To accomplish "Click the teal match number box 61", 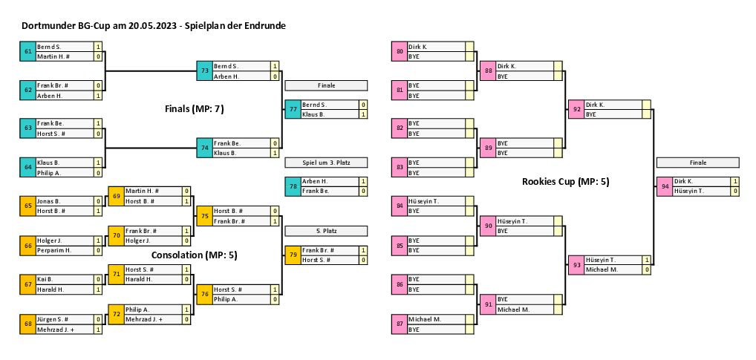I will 28,51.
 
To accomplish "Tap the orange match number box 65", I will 28,206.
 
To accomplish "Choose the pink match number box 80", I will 400,51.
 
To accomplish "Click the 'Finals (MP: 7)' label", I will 194,109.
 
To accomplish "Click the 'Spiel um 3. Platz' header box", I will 326,163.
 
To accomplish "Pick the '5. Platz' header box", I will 326,231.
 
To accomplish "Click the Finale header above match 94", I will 697,163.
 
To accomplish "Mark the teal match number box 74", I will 204,148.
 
